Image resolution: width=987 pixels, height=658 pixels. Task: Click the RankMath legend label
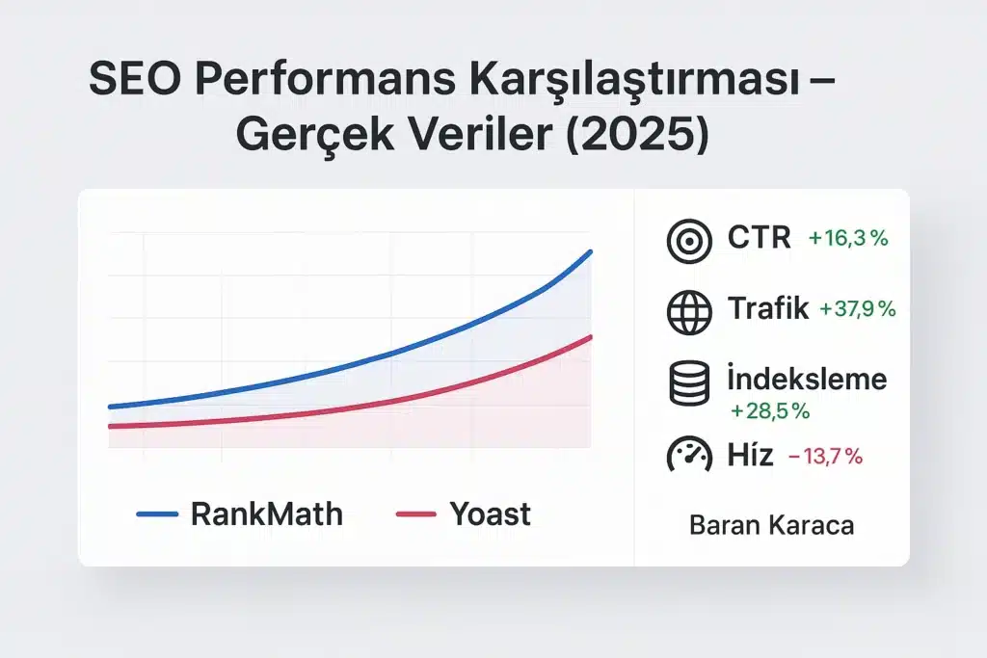(x=266, y=513)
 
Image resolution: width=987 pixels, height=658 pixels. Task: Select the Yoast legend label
(x=490, y=513)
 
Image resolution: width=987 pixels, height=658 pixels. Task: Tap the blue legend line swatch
(x=157, y=514)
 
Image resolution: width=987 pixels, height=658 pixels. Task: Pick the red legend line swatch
(x=417, y=514)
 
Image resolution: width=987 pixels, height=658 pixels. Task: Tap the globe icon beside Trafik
(x=689, y=309)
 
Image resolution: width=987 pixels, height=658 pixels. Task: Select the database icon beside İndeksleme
(x=689, y=382)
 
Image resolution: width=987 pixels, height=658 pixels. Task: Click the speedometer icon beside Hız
(x=689, y=454)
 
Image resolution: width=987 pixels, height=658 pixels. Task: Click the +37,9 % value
(x=857, y=309)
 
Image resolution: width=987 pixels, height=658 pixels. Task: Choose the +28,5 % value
(x=769, y=411)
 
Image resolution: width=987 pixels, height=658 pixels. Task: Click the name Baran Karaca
(x=772, y=526)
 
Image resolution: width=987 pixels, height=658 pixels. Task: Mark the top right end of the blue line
(x=591, y=251)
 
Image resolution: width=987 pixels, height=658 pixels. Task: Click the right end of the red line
(x=590, y=336)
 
